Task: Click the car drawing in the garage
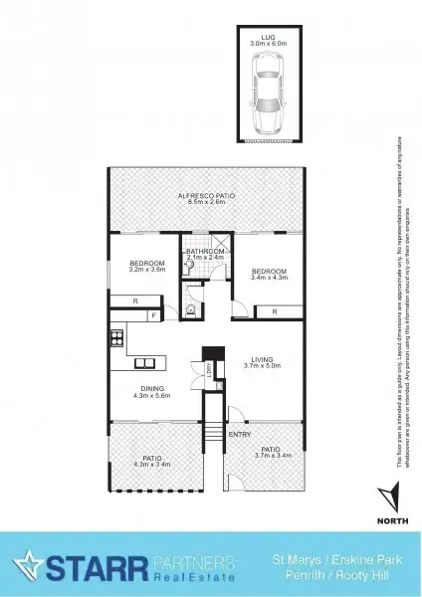point(267,97)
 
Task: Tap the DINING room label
point(151,391)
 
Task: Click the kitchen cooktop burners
point(116,334)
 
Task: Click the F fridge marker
point(153,316)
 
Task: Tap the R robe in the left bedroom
point(135,299)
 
